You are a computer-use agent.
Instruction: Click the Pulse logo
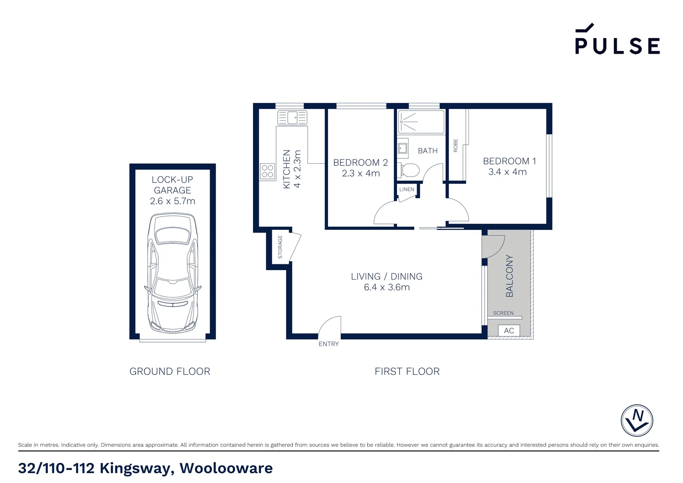[x=617, y=39]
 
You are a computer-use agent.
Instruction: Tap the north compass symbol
[x=637, y=420]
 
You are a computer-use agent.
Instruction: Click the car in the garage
[x=173, y=273]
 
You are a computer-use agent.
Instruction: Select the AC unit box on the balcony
[x=509, y=330]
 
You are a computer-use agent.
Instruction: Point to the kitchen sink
[x=292, y=118]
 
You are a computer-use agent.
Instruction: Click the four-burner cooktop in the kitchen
[x=267, y=171]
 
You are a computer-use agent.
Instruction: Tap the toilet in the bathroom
[x=408, y=170]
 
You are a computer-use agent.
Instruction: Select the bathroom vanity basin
[x=403, y=148]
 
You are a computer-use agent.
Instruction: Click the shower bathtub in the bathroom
[x=421, y=122]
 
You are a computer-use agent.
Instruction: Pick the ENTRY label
[x=329, y=344]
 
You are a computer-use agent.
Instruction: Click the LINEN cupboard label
[x=407, y=189]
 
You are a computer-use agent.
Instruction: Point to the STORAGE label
[x=280, y=247]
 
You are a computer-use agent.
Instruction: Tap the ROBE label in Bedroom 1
[x=455, y=145]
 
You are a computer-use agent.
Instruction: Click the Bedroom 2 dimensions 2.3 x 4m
[x=361, y=174]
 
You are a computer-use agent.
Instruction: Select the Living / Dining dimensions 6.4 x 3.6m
[x=387, y=287]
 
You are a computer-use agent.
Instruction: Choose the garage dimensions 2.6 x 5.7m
[x=173, y=201]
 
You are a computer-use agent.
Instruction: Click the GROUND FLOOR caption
[x=170, y=371]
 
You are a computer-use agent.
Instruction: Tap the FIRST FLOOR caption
[x=407, y=371]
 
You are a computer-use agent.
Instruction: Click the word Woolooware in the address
[x=226, y=468]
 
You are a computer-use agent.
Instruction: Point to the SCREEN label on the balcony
[x=503, y=313]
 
